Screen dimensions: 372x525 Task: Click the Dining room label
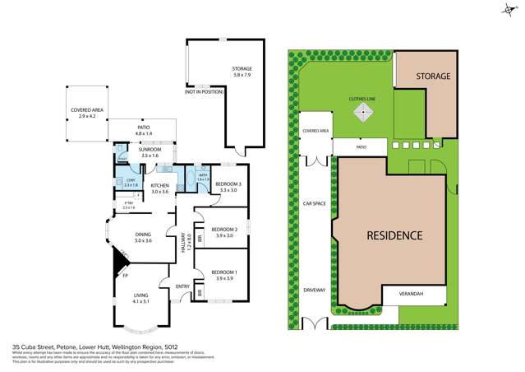click(x=143, y=238)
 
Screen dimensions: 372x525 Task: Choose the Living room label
click(x=141, y=297)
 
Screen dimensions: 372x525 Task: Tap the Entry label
click(x=182, y=286)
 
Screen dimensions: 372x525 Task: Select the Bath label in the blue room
click(x=203, y=176)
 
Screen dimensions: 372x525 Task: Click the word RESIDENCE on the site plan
click(x=394, y=235)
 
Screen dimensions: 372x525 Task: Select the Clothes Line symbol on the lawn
click(x=362, y=114)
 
